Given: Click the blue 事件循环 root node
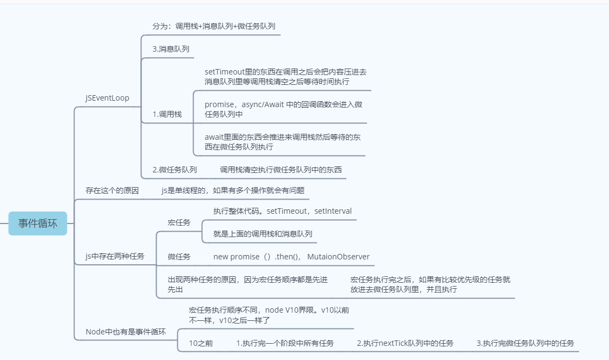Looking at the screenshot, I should tap(38, 224).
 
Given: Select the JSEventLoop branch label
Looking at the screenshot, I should tap(107, 98).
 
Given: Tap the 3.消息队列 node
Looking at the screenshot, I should tap(171, 49).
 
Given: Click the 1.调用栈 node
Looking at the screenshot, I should tap(167, 114).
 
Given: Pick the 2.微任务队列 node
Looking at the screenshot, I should tap(175, 170).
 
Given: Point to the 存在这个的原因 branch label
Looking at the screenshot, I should tap(112, 190).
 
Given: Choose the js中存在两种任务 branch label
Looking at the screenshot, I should tap(115, 256).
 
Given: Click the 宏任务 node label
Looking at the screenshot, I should tap(179, 222).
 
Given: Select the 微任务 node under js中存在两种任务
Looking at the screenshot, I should tap(179, 257).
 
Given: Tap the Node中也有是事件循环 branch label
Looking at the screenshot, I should tap(126, 332).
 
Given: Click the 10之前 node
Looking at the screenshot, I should tap(201, 343).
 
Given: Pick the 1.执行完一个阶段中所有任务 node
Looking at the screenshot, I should tap(285, 343).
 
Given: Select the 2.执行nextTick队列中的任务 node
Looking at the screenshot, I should tap(405, 343).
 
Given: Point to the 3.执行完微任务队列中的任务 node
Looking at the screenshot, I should tap(525, 343).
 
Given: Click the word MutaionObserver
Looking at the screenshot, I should tap(338, 257).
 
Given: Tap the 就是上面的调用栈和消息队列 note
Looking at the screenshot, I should tap(263, 234).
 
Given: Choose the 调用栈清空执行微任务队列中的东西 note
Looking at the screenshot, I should tap(281, 170).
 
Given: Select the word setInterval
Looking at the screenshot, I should tap(333, 211).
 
